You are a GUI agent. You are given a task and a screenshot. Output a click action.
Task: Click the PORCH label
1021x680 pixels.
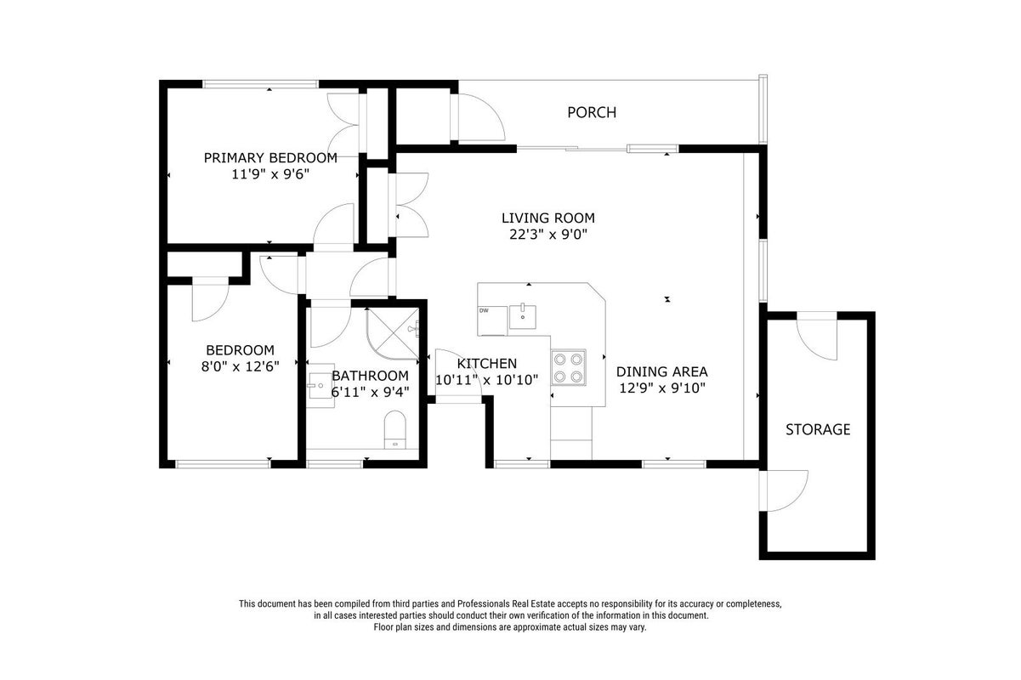tap(592, 112)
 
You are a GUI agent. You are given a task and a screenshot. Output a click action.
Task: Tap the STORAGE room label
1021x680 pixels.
tap(818, 429)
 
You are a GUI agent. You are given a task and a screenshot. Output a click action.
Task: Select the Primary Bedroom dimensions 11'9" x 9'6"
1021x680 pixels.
tap(270, 174)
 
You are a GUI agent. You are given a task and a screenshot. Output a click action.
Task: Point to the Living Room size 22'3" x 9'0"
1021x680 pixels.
tap(547, 235)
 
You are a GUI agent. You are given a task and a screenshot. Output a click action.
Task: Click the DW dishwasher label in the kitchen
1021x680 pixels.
tap(484, 311)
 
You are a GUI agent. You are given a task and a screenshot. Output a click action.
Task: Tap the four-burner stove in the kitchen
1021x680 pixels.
tap(569, 368)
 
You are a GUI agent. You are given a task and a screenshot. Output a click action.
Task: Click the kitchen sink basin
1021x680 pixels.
tap(522, 315)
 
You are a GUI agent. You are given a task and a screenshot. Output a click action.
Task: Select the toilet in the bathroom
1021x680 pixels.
tap(395, 430)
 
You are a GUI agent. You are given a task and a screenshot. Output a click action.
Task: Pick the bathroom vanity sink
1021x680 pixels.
tap(320, 386)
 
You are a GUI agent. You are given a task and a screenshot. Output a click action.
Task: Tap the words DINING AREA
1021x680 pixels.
tap(662, 372)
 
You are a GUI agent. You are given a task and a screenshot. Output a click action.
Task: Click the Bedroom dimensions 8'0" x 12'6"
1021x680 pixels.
tap(241, 366)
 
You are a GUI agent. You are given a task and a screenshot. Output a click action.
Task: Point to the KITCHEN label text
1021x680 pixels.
tap(487, 364)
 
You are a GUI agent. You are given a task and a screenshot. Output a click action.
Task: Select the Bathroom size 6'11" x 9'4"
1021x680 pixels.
tap(370, 392)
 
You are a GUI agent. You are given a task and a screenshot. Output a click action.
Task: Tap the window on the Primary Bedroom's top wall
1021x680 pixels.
tap(260, 84)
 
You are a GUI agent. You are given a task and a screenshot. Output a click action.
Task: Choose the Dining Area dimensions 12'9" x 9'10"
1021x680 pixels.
tap(662, 388)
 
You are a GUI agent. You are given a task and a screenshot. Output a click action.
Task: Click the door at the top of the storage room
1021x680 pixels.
tap(817, 336)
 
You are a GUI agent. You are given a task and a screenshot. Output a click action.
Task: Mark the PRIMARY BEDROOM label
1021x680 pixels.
tap(270, 158)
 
